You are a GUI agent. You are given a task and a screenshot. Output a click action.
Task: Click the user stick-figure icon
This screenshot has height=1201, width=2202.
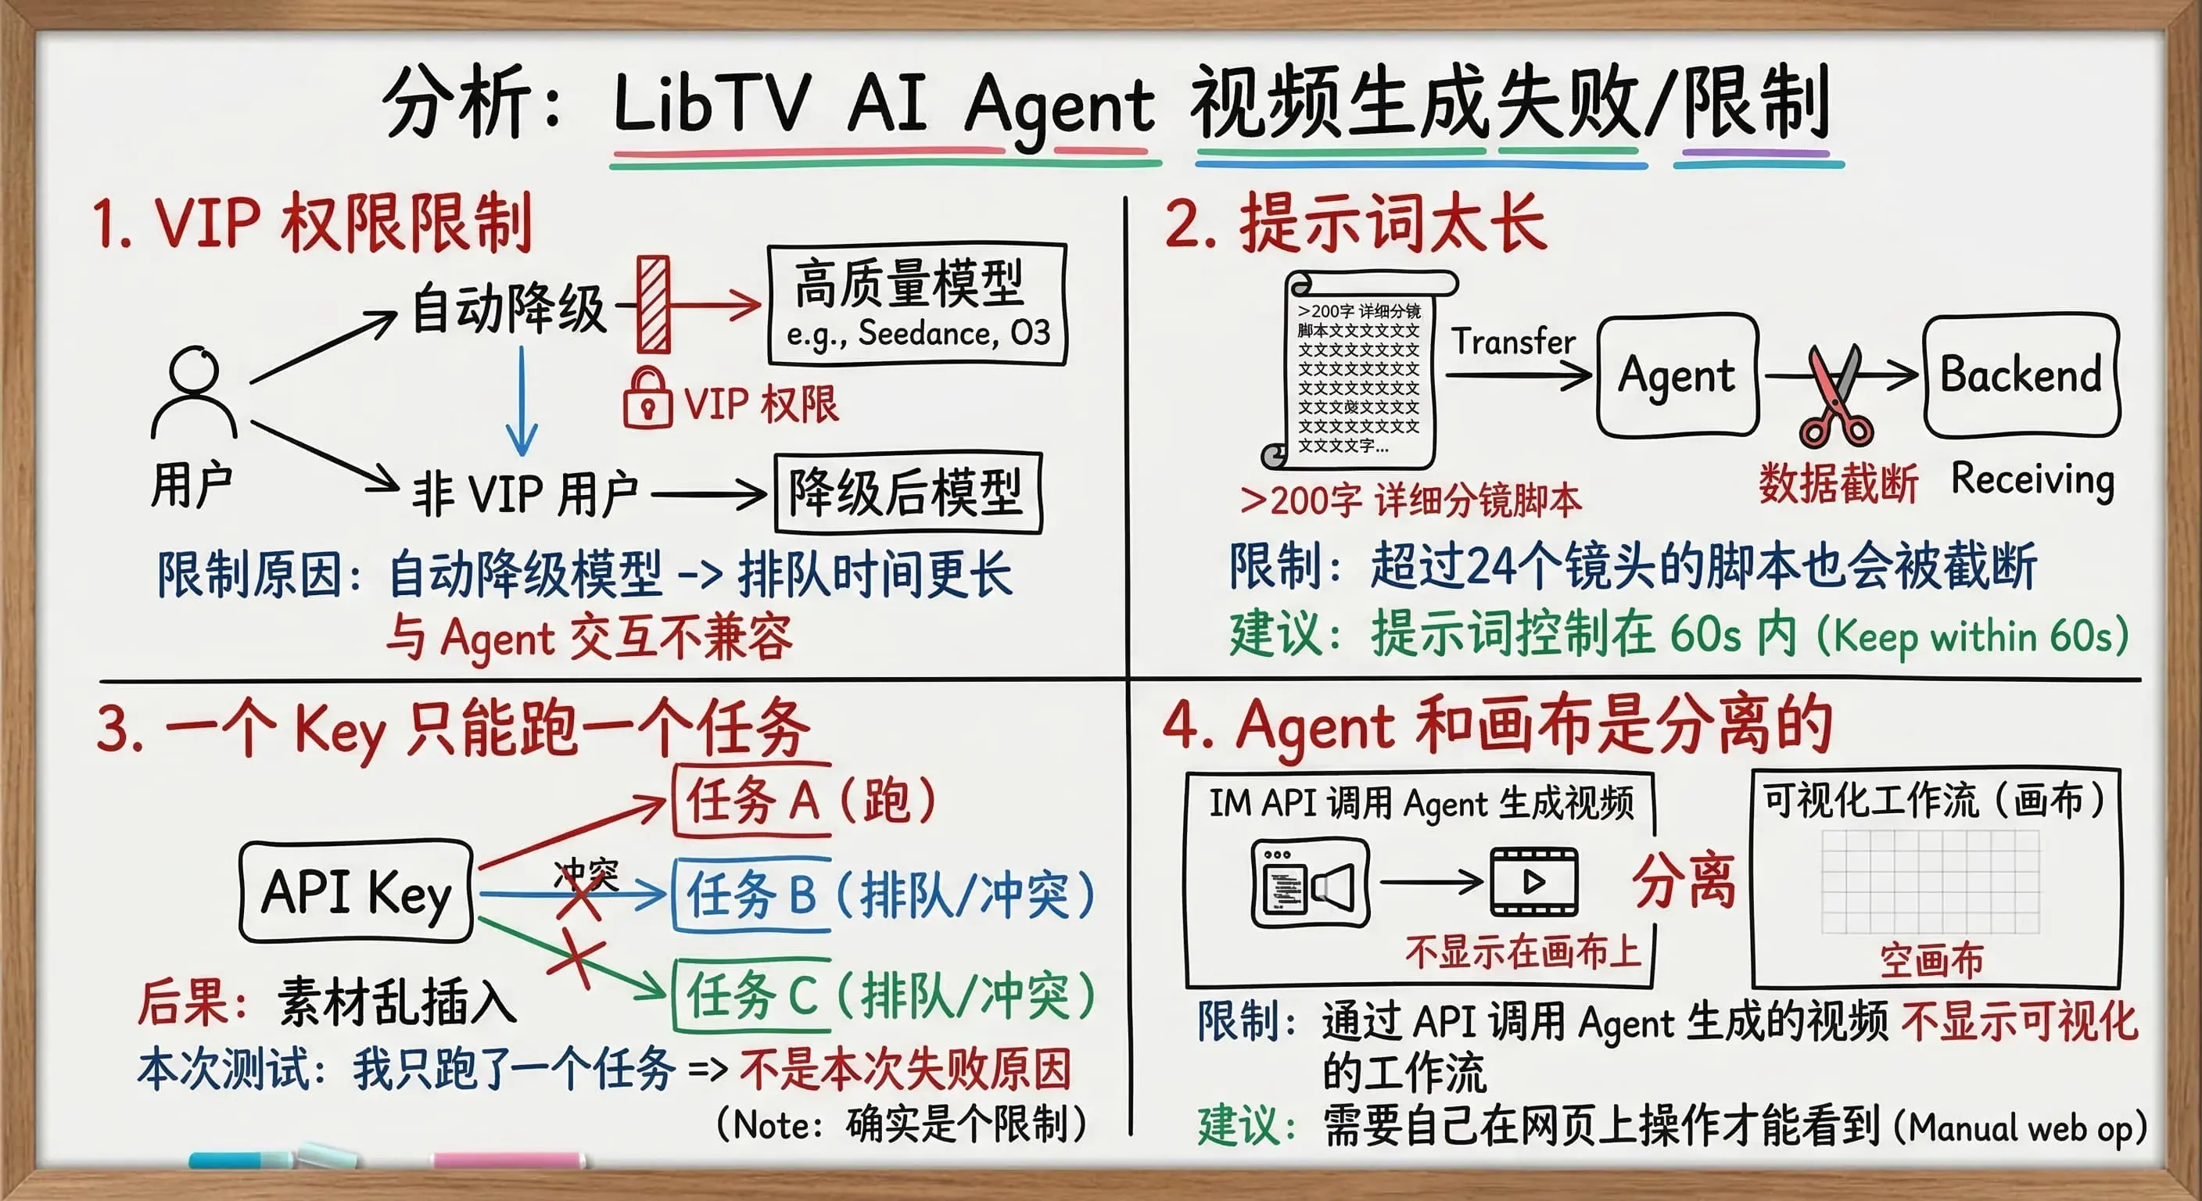195,394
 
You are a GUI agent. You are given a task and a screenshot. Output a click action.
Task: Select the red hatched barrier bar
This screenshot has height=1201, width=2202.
654,304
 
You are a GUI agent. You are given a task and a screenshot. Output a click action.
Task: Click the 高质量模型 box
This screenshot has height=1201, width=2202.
916,305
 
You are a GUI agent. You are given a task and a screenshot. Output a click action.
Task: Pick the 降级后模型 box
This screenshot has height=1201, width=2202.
907,493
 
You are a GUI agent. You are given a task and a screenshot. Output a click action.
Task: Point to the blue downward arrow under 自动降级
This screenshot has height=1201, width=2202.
522,402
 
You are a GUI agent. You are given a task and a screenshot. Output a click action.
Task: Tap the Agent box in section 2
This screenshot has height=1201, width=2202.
1677,375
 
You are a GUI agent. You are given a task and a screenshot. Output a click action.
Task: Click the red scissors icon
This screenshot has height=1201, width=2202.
1836,397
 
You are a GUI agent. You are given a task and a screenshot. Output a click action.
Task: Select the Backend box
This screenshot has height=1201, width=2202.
2021,375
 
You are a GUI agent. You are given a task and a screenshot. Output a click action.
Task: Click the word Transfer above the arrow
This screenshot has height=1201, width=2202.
1513,341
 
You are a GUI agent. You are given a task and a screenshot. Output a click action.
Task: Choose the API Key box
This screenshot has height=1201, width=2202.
357,891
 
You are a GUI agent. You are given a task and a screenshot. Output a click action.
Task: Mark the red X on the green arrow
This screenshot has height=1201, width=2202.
578,963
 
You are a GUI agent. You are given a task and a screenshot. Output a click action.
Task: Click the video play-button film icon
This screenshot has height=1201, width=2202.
1534,881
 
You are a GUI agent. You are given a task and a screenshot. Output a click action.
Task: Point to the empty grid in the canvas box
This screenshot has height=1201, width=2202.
1930,881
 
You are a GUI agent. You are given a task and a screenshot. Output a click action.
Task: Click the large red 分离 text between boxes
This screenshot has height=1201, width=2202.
1685,881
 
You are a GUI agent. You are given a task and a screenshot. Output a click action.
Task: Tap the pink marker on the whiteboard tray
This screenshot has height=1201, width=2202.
507,1160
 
